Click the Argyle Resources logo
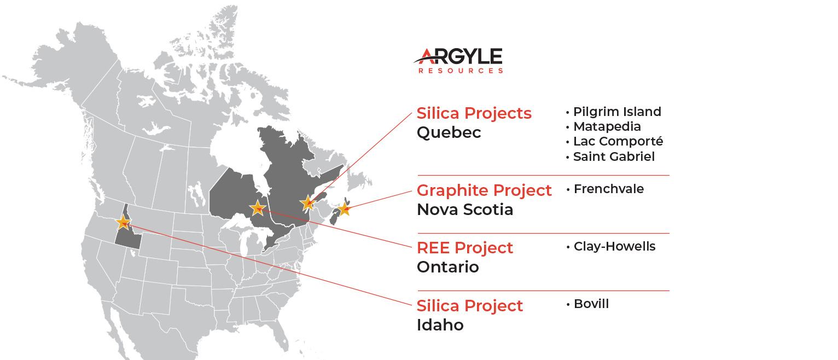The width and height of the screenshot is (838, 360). tap(458, 60)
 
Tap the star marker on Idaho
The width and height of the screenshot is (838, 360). tap(123, 222)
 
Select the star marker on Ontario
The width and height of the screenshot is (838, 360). tap(258, 208)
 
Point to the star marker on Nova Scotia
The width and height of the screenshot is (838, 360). tap(344, 209)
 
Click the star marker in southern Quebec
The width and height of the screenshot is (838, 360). tap(307, 203)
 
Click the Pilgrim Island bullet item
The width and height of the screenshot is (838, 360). tap(614, 112)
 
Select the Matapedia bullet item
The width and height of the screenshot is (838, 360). tap(603, 126)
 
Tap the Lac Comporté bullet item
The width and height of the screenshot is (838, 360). tap(615, 142)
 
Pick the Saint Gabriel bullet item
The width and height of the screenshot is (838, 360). tap(610, 156)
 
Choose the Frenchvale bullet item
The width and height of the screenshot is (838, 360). tap(606, 189)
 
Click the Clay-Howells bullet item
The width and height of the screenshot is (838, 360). tap(611, 246)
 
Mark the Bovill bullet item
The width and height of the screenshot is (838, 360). tap(587, 304)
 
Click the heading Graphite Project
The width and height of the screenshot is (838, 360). tap(484, 190)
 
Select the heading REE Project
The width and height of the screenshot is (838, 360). tap(464, 248)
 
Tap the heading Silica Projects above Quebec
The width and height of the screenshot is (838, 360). tap(474, 113)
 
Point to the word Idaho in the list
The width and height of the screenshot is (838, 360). tap(440, 325)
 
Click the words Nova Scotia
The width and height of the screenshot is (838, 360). tap(465, 210)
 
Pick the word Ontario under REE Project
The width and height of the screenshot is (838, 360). tap(448, 267)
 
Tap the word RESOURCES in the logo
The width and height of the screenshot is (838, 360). tap(461, 71)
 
